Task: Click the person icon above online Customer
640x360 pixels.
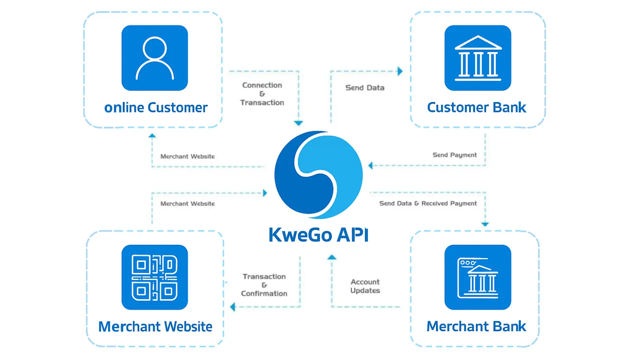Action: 154,58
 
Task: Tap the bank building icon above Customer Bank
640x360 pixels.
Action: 478,58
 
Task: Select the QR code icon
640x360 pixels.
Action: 154,277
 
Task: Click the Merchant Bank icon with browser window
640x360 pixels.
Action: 478,277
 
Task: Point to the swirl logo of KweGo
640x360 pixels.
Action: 318,175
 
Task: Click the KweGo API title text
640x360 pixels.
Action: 318,235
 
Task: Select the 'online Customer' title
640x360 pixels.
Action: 156,108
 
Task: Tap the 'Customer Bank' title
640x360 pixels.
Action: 476,108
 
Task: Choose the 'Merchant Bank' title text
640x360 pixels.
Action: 476,326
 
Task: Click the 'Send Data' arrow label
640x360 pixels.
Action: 365,88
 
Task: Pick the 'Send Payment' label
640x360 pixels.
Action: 454,155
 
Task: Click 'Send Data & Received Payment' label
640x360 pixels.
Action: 428,203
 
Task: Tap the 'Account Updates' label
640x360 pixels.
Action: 365,286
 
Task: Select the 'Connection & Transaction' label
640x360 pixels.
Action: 262,94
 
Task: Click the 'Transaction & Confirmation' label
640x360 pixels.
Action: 264,285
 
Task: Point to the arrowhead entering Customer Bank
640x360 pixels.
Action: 400,71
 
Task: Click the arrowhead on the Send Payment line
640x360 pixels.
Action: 370,165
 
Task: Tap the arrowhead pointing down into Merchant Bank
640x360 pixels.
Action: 485,224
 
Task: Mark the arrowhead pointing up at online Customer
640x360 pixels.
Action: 152,136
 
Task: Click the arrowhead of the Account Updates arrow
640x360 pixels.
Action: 332,257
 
